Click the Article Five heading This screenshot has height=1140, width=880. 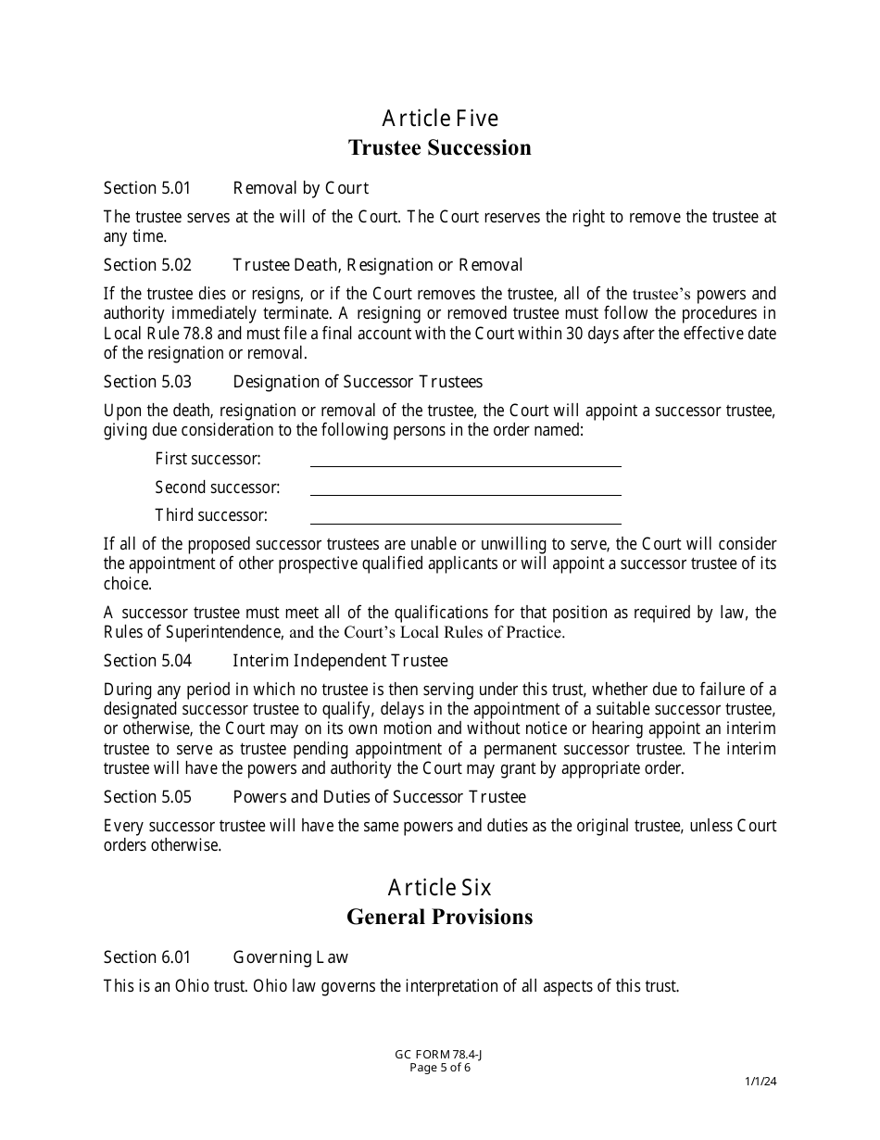(440, 119)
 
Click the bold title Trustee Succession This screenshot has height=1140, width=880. (440, 147)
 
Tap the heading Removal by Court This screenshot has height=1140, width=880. (300, 188)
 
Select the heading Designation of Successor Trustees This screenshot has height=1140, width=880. (358, 382)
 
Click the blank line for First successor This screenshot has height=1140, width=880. (465, 461)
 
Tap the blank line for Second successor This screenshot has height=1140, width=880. (465, 488)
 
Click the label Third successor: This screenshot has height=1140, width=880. (211, 515)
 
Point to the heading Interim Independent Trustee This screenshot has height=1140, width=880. (340, 661)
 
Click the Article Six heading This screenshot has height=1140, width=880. (440, 888)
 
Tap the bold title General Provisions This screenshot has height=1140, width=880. (440, 917)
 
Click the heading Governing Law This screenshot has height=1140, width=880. (290, 957)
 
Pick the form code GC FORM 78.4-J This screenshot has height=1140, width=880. (440, 1055)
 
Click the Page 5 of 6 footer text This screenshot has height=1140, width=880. (440, 1067)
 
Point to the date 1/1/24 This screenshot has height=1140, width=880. (761, 1081)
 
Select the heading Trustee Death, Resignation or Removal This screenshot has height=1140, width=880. (377, 265)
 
